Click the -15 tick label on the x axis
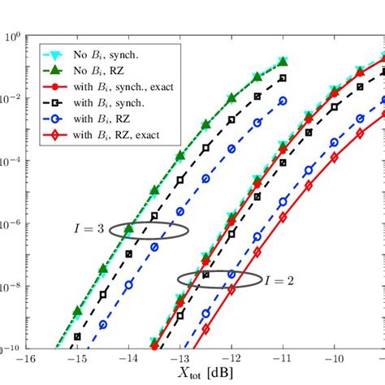pos(77,359)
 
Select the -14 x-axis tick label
pos(128,359)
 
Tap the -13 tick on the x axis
pos(180,359)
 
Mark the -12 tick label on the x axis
pos(231,359)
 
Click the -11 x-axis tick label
pos(283,359)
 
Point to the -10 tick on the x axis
pos(334,359)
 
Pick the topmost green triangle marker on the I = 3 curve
pos(283,62)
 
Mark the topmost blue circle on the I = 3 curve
pos(283,101)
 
